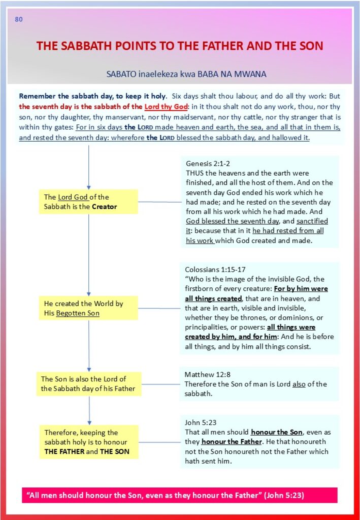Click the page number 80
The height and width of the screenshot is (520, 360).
click(19, 20)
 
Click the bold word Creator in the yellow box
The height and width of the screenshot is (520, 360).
click(104, 207)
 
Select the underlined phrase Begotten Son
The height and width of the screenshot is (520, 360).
click(78, 313)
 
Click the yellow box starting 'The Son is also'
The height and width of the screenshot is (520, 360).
click(88, 384)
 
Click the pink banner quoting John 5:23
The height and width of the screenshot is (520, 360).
click(179, 495)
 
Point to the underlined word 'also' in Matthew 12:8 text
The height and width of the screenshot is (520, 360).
click(299, 384)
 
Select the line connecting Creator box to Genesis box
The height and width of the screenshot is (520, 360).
click(159, 202)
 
